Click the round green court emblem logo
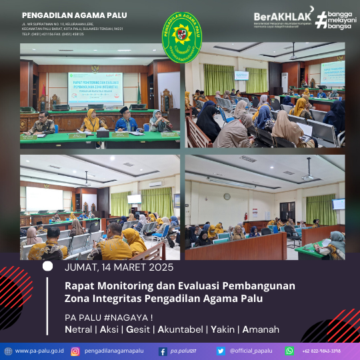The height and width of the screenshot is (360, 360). [182, 33]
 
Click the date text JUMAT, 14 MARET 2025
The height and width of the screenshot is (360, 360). [119, 268]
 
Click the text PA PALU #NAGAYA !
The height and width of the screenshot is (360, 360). [109, 316]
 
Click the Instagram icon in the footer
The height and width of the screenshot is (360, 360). [75, 351]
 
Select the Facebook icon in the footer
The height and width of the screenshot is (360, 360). [163, 351]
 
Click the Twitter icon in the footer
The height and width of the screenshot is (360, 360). [221, 351]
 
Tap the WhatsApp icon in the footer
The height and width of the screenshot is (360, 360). [290, 351]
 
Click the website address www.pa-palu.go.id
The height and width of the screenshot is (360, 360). [39, 351]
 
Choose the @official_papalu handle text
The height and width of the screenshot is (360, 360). [250, 351]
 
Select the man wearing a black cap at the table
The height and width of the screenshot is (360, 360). [126, 119]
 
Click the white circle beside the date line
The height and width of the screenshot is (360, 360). [47, 265]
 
